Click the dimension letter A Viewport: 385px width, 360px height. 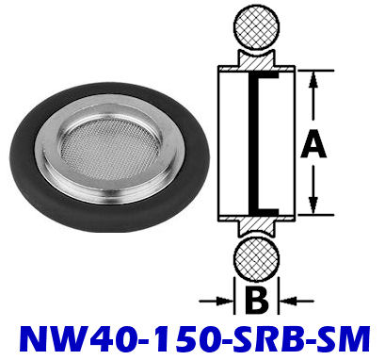click(x=313, y=145)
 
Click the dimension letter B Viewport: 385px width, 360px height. click(x=256, y=301)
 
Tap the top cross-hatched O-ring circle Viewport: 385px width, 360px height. click(x=257, y=26)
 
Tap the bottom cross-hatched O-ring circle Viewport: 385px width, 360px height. click(x=257, y=261)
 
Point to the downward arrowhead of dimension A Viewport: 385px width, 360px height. click(x=313, y=205)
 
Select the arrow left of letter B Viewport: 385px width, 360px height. click(x=217, y=302)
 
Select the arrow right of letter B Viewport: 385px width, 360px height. click(x=297, y=302)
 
